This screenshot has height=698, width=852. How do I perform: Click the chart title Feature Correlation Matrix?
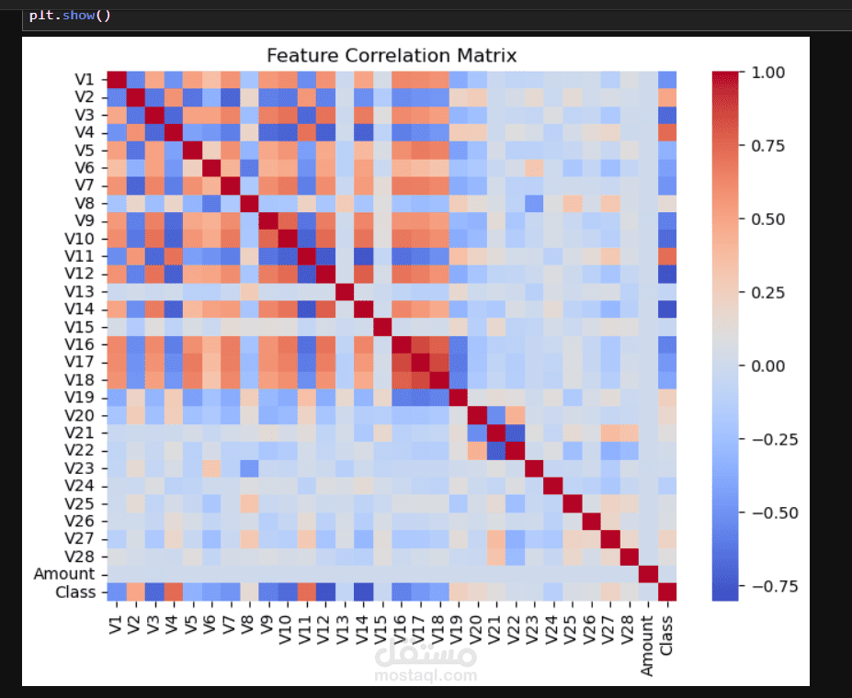click(392, 56)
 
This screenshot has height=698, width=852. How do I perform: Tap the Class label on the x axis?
click(667, 633)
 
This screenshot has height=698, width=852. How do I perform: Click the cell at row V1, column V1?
click(117, 79)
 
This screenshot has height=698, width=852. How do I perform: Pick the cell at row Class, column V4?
click(174, 591)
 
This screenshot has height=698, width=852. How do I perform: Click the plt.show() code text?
click(69, 16)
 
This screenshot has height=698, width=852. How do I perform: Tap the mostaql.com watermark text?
click(426, 675)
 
